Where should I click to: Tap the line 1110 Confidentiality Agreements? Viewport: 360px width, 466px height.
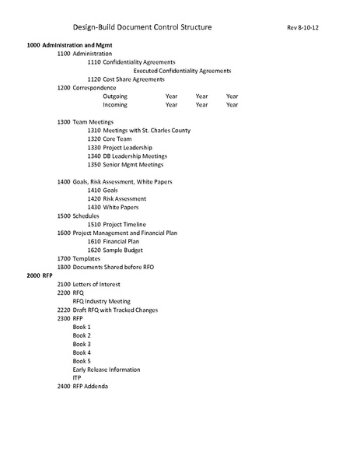131,62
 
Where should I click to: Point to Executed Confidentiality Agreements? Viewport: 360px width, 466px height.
182,71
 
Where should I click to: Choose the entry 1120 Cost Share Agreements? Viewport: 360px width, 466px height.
126,79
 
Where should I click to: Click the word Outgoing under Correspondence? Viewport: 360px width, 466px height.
115,96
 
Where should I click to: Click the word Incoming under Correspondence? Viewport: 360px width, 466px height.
115,105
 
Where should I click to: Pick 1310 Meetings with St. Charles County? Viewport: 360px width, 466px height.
138,131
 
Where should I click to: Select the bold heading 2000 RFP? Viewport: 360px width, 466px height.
37,276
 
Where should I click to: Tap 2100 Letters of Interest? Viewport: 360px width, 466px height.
89,285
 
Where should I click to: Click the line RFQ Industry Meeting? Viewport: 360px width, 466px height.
101,301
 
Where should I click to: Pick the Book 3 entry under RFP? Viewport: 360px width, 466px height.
82,344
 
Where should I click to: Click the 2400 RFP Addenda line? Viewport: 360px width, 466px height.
82,387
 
